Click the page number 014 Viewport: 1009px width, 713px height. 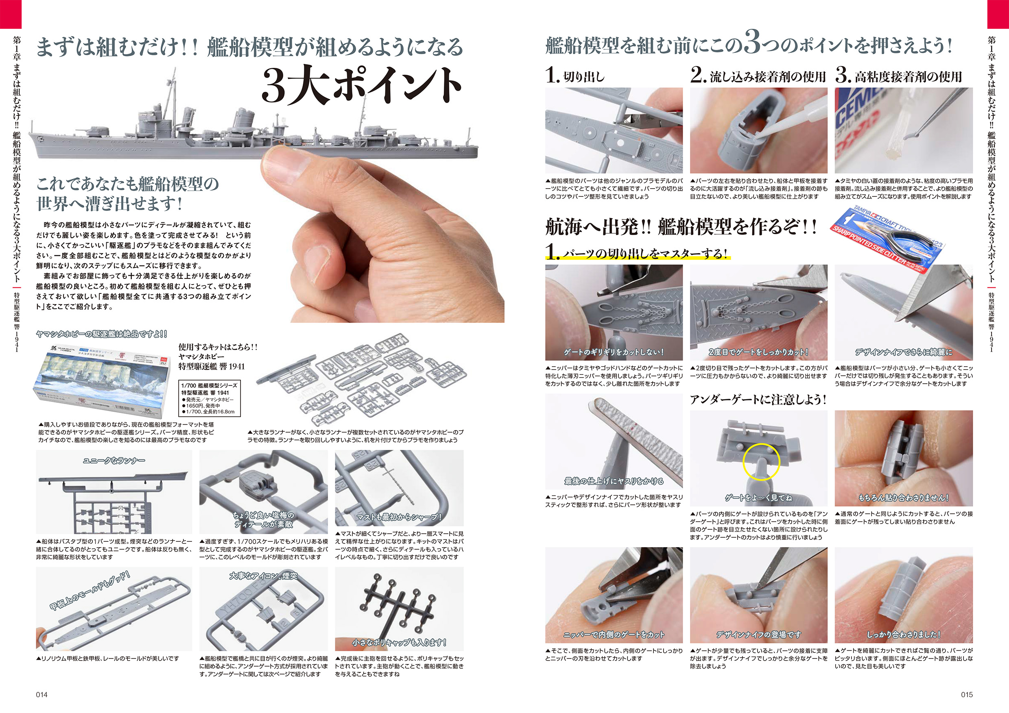click(x=42, y=694)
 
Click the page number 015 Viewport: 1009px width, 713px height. click(x=966, y=694)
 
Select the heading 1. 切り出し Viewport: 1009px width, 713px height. click(x=575, y=76)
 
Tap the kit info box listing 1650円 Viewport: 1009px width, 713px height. click(x=210, y=398)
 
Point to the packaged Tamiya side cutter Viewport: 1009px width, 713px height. click(x=888, y=239)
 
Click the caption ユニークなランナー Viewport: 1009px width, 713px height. click(x=114, y=460)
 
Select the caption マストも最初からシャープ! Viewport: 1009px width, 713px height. click(x=399, y=517)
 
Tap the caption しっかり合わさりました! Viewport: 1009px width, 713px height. click(x=904, y=634)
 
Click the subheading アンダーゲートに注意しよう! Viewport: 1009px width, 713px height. click(x=758, y=399)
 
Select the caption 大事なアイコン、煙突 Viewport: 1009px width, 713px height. click(x=263, y=575)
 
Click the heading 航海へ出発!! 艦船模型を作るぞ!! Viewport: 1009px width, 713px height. click(x=681, y=226)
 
